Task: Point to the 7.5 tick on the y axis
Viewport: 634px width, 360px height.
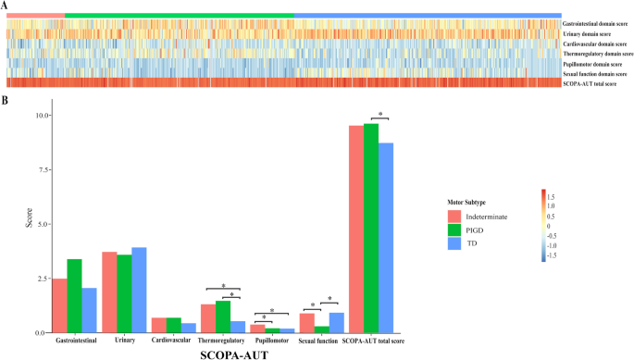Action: (39, 169)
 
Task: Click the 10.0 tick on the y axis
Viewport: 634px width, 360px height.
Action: (37, 115)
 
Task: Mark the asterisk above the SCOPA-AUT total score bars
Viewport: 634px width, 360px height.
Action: (379, 115)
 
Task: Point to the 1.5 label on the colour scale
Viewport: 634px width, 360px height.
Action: (551, 197)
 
